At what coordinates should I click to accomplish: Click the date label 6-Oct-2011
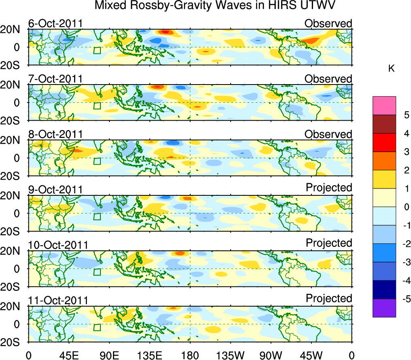click(x=55, y=23)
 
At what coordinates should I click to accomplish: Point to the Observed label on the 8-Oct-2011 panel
click(x=328, y=134)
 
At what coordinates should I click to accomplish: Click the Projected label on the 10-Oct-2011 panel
click(x=329, y=243)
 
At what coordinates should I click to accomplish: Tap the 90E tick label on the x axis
click(x=109, y=355)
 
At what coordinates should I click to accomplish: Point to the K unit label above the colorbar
click(x=391, y=69)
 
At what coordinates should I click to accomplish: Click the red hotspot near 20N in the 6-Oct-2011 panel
click(x=165, y=32)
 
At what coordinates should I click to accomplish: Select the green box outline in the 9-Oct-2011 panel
click(x=97, y=216)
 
